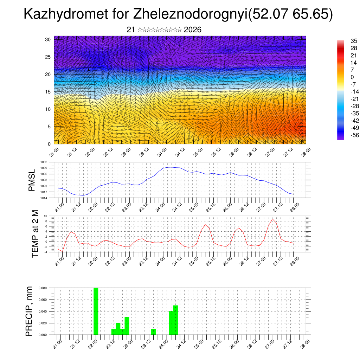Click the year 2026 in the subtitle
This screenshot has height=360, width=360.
[x=193, y=30]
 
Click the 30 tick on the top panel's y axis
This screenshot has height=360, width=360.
[x=48, y=39]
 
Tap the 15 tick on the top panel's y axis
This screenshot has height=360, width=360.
[x=48, y=92]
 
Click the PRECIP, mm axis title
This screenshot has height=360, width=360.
[x=30, y=311]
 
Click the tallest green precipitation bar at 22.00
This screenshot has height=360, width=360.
[x=96, y=311]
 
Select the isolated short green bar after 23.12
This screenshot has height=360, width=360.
[x=153, y=332]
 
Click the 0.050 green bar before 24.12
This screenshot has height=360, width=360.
[x=175, y=320]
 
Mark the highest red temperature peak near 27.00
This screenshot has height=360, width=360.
[x=272, y=219]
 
